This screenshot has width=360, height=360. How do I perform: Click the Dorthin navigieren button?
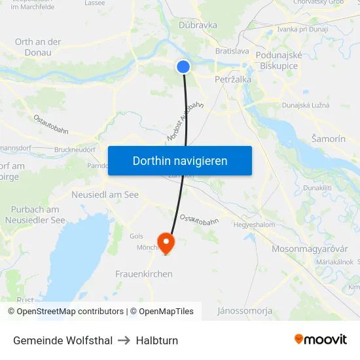click(180, 160)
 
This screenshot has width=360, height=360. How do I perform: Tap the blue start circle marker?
click(183, 66)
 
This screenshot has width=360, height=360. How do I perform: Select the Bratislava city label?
click(232, 50)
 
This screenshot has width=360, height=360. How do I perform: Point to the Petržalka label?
click(233, 79)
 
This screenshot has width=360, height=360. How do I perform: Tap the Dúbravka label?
click(198, 25)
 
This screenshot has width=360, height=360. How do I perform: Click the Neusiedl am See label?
click(105, 195)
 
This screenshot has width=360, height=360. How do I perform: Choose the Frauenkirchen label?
click(144, 274)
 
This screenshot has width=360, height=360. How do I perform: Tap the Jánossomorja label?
click(245, 311)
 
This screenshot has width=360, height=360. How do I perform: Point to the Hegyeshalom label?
click(255, 225)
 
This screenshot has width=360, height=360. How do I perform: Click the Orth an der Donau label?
click(38, 46)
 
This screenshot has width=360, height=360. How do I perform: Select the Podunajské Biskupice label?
click(279, 61)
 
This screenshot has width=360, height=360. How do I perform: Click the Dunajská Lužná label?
click(306, 105)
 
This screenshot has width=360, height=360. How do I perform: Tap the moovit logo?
click(321, 340)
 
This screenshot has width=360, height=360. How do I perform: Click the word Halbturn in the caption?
click(157, 340)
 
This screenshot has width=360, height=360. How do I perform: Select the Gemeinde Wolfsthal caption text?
click(63, 340)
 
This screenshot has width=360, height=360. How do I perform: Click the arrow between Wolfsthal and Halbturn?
click(124, 340)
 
